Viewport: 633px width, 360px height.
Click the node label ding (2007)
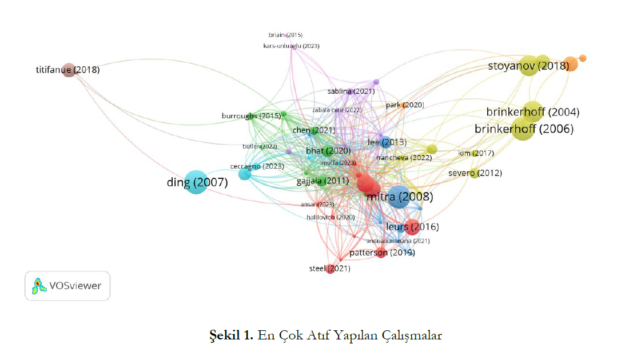(x=197, y=183)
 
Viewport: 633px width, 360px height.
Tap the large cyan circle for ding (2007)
(x=195, y=182)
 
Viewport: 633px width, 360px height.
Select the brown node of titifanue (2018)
(x=69, y=70)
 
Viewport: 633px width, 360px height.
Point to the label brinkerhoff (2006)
(x=524, y=129)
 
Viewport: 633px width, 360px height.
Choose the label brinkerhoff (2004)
(x=532, y=111)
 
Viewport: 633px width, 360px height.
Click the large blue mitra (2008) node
(x=399, y=197)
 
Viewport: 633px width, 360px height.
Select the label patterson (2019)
(x=382, y=253)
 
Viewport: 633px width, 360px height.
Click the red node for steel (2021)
(x=330, y=269)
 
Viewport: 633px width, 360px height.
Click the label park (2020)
(x=405, y=105)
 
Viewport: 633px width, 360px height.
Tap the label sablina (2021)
(x=351, y=91)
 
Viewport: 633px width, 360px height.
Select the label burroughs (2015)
(x=251, y=116)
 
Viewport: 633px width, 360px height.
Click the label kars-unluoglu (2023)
(x=291, y=46)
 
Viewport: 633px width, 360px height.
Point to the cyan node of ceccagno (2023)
(x=244, y=174)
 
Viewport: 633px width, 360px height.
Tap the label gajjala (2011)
(x=323, y=181)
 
